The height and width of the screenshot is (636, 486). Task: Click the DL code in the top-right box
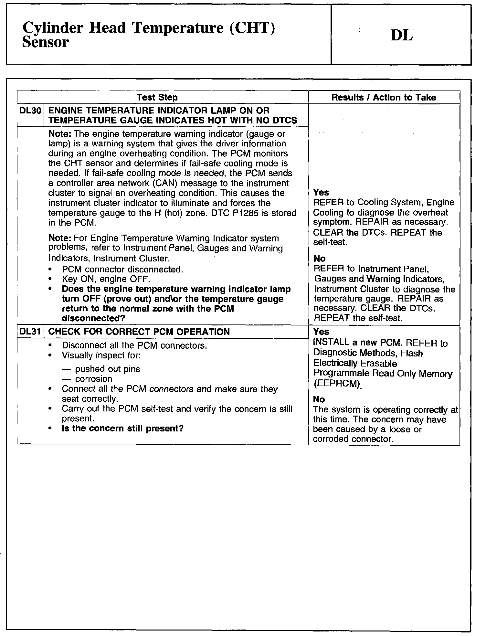(x=401, y=36)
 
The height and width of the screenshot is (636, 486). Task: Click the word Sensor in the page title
(x=46, y=42)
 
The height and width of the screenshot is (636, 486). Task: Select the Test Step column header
(x=157, y=97)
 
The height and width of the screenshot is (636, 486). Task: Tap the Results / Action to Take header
(x=384, y=97)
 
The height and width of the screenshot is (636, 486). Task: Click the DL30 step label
(x=30, y=111)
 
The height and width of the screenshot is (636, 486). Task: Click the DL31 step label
(x=30, y=332)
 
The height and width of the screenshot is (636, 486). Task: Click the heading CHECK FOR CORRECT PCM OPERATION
(x=139, y=332)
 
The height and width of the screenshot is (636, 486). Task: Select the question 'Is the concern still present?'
(x=122, y=429)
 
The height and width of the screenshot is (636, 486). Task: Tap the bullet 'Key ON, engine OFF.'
(x=106, y=279)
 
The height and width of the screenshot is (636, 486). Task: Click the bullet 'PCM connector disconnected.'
(x=122, y=269)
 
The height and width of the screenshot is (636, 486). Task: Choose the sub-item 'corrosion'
(x=94, y=379)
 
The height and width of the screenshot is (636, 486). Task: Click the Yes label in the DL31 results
(x=321, y=332)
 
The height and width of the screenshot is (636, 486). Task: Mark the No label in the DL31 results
(x=319, y=399)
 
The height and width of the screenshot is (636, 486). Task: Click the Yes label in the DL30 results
(x=321, y=193)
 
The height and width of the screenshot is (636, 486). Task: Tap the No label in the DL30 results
(x=319, y=259)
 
